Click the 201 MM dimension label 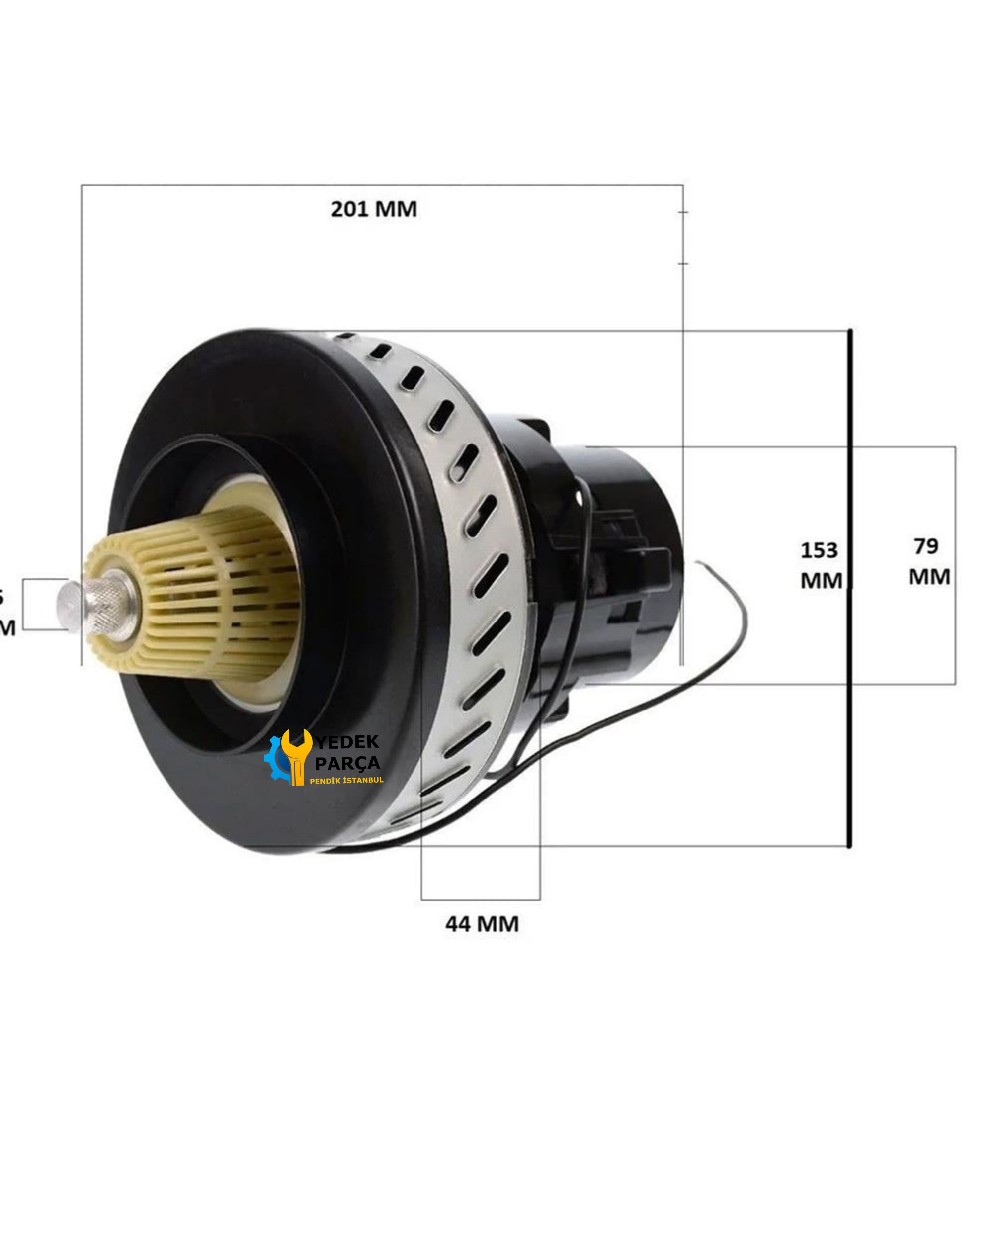(373, 209)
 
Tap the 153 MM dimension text (821, 565)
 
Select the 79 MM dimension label (928, 561)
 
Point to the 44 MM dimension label (482, 924)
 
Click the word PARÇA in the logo (347, 763)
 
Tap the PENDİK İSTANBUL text (346, 780)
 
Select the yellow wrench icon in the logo (297, 755)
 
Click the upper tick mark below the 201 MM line (683, 212)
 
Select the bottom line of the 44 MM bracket (480, 899)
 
